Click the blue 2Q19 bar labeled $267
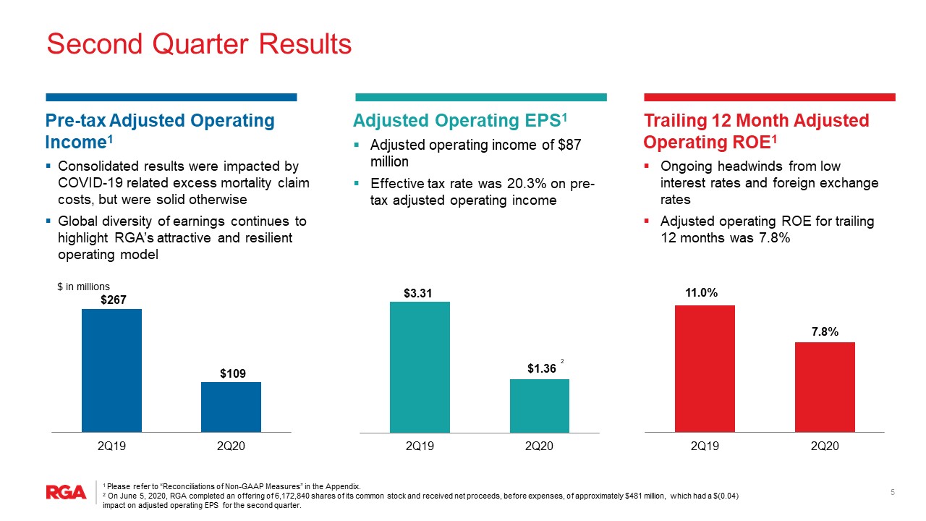click(x=111, y=370)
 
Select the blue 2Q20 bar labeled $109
click(x=231, y=407)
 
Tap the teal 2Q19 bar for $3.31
click(x=420, y=367)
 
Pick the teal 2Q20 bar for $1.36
click(x=540, y=406)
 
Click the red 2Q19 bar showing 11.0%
click(x=705, y=369)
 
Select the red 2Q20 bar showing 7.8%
click(x=825, y=387)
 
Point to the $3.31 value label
click(x=418, y=294)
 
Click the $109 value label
click(x=233, y=374)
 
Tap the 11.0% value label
click(x=702, y=293)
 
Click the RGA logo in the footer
click(x=66, y=493)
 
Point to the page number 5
click(x=893, y=492)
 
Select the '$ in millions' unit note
click(x=83, y=287)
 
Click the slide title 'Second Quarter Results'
click(x=199, y=44)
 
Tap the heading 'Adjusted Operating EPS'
click(x=456, y=121)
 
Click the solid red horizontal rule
click(x=770, y=97)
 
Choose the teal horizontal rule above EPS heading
click(x=481, y=97)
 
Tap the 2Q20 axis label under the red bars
click(x=825, y=446)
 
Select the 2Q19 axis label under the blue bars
click(x=111, y=446)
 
